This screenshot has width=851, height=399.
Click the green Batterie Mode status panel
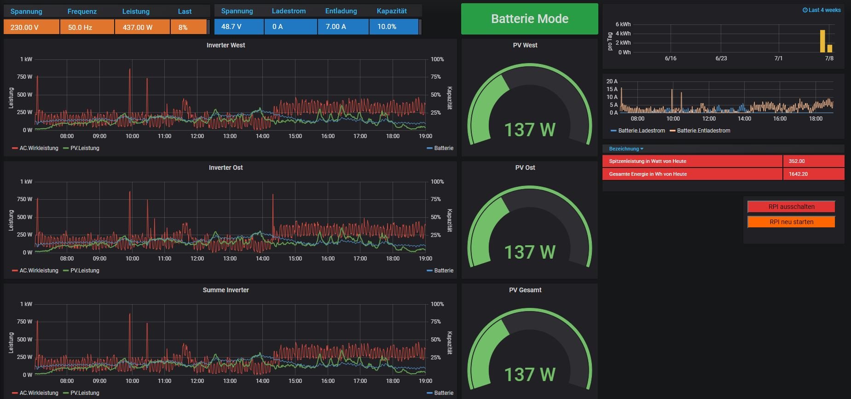click(x=529, y=19)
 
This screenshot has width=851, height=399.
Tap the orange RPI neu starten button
click(x=791, y=222)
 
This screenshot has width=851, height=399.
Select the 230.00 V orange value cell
click(x=31, y=27)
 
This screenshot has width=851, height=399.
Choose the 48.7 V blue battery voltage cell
click(x=238, y=27)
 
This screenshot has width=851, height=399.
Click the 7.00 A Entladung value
click(x=342, y=27)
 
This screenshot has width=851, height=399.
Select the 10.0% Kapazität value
click(x=394, y=27)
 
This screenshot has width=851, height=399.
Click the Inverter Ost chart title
click(x=226, y=168)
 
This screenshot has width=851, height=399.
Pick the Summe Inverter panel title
click(x=226, y=290)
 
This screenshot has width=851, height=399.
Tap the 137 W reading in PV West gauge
click(x=530, y=130)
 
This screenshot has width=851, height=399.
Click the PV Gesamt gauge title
click(x=525, y=290)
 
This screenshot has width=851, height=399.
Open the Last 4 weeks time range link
click(x=822, y=10)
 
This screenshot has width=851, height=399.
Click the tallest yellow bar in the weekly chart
click(x=822, y=41)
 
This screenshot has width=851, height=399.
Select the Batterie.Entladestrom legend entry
click(x=703, y=131)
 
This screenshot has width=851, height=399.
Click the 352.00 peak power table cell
click(x=813, y=161)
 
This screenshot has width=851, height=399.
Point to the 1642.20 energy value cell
click(x=813, y=174)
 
